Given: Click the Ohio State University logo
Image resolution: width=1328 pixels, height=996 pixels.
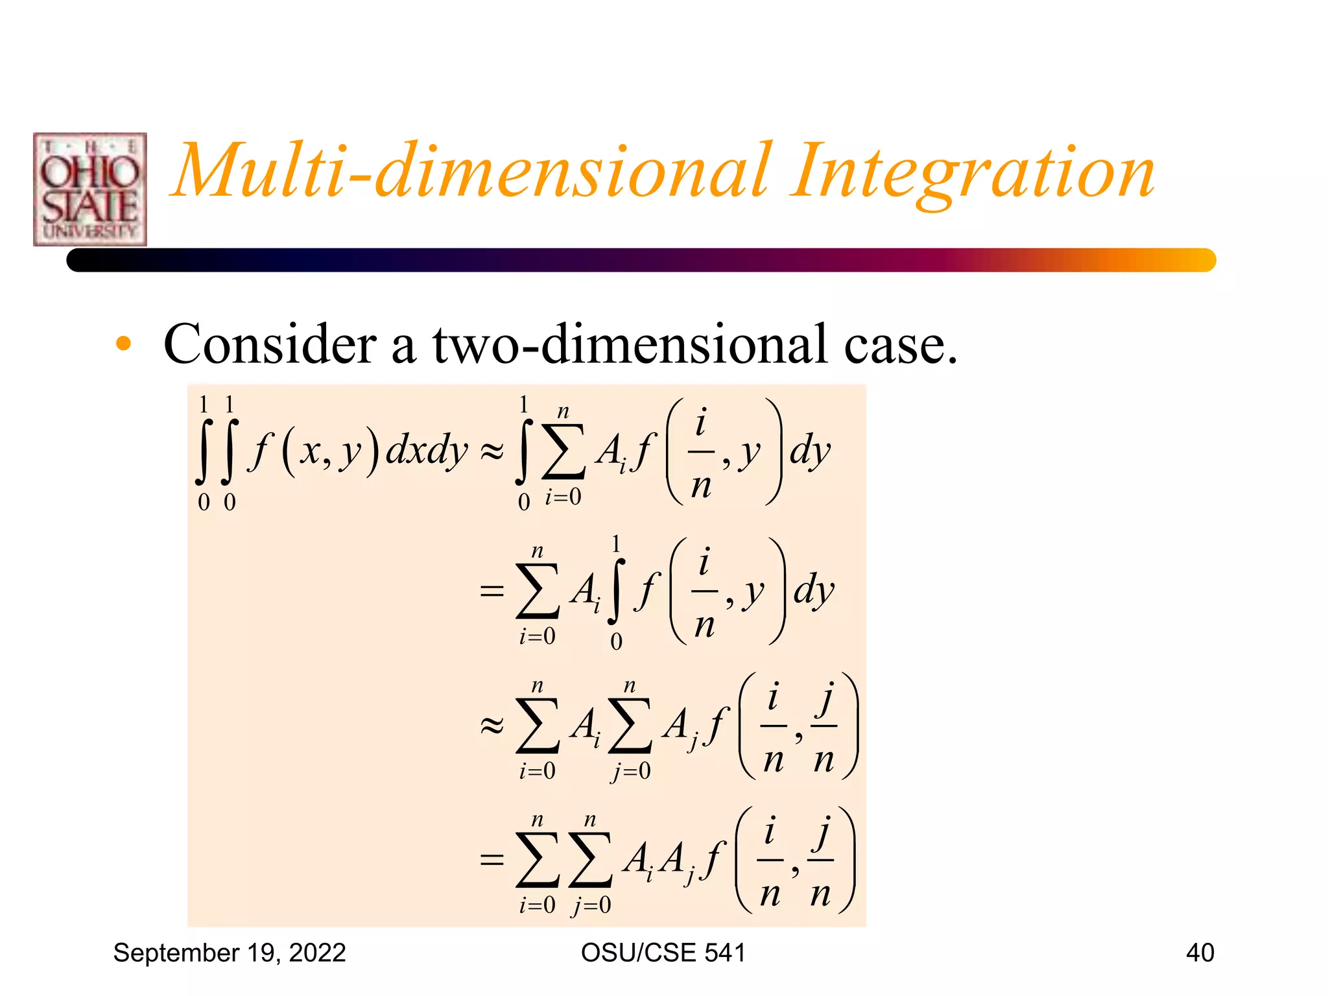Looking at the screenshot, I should click(90, 189).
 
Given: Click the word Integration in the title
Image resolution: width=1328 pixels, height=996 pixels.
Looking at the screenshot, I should click(973, 172).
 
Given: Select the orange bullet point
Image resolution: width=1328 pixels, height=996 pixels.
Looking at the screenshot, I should click(123, 344).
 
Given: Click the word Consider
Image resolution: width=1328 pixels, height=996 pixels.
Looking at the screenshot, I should click(270, 344).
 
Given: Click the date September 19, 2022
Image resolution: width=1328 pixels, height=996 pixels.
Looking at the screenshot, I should click(230, 953).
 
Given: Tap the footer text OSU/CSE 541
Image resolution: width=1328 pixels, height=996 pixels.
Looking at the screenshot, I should click(663, 953).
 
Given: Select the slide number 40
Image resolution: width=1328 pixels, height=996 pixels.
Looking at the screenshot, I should click(1200, 953).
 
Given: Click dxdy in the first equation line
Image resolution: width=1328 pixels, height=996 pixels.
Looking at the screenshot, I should click(427, 451).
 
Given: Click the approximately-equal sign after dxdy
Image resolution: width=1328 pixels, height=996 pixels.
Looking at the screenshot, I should click(492, 452).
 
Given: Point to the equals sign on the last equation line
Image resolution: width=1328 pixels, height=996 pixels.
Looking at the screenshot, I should click(492, 860).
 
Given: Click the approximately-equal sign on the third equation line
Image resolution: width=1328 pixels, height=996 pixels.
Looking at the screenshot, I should click(492, 726).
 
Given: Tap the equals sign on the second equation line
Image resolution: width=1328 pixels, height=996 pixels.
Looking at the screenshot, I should click(492, 591).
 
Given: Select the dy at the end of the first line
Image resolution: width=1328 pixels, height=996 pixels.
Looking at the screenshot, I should click(809, 451).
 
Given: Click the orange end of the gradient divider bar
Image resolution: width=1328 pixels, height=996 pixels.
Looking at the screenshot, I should click(1193, 260).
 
